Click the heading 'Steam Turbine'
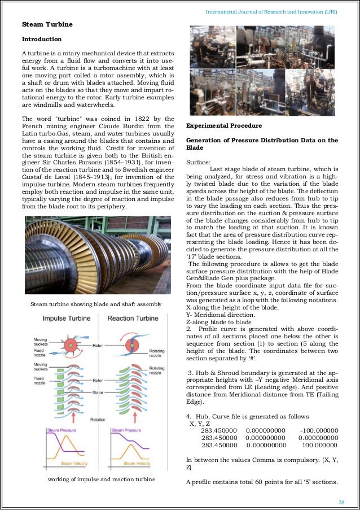click(x=47, y=25)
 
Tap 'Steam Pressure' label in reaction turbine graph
click(x=128, y=430)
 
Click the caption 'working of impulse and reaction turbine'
click(x=102, y=480)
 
